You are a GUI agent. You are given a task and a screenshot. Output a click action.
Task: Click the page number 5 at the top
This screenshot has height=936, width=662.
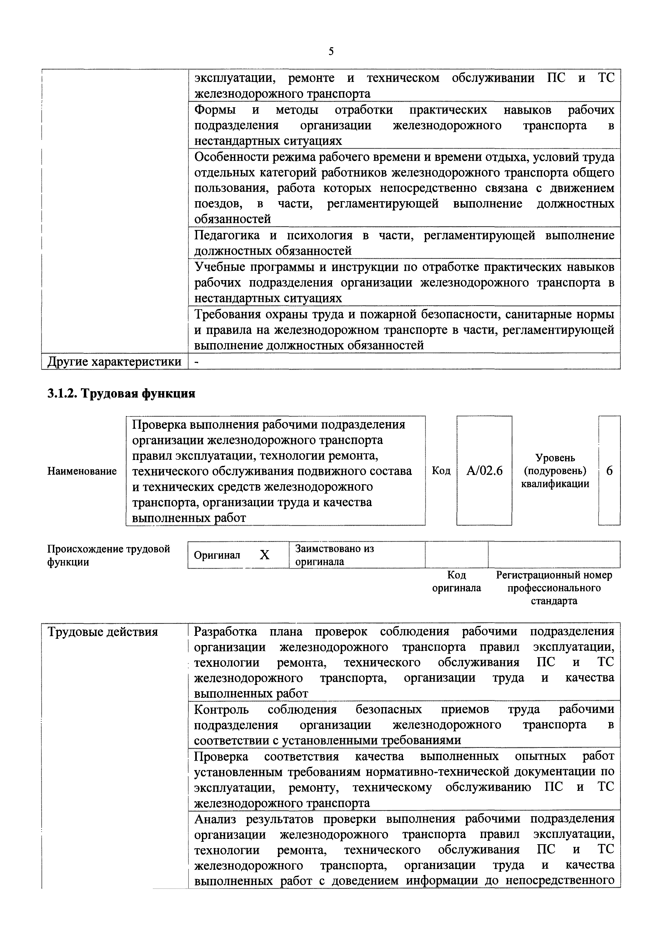(x=331, y=51)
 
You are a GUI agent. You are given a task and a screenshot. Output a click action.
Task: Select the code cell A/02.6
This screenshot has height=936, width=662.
(x=484, y=471)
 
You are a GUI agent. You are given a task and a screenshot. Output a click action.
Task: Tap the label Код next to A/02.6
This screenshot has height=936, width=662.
(x=441, y=471)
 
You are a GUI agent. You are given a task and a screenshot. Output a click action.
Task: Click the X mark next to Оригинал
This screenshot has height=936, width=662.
(x=265, y=555)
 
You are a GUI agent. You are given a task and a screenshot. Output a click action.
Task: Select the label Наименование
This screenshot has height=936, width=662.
(x=82, y=471)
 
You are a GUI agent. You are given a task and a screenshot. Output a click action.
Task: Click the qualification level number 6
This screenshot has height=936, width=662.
(x=609, y=471)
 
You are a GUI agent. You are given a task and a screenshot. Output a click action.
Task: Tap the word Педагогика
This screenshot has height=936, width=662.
(x=227, y=235)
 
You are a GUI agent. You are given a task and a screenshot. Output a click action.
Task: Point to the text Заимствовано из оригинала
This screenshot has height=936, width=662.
(x=334, y=555)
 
